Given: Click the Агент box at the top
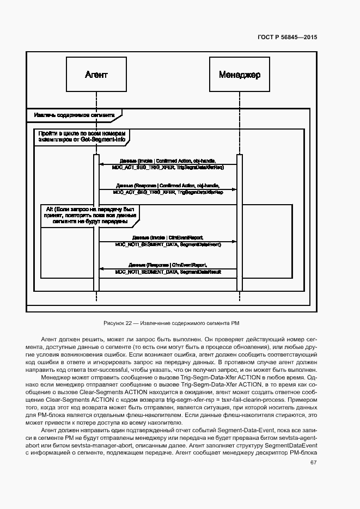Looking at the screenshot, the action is [x=96, y=74].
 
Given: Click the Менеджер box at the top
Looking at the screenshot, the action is [x=240, y=74].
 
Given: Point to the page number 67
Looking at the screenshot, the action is [x=313, y=463].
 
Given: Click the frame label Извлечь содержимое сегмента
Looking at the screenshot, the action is [x=74, y=115].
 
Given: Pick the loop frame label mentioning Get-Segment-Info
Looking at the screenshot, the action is [x=82, y=136].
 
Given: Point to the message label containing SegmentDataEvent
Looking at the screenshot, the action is [x=168, y=241].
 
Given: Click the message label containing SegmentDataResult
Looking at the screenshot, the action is [x=168, y=268].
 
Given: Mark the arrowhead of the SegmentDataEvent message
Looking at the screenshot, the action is [x=234, y=242].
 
